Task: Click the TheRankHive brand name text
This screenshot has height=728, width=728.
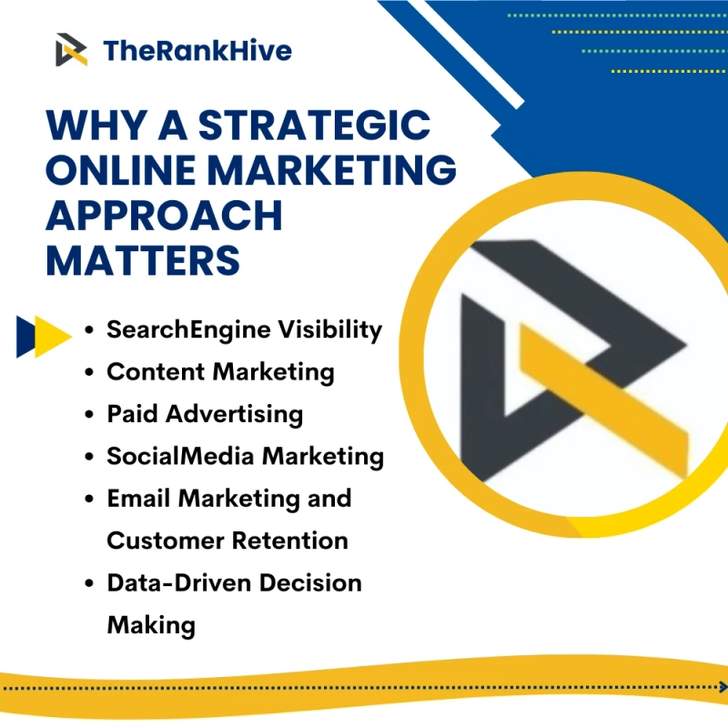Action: (x=197, y=50)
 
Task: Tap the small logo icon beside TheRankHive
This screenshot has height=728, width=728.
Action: (x=71, y=50)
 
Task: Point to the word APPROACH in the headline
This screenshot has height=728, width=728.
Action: (x=164, y=216)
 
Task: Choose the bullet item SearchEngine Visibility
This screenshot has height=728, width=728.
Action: (x=244, y=329)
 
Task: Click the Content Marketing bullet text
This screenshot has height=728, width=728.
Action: (x=220, y=371)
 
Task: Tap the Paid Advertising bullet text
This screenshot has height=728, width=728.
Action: (x=205, y=413)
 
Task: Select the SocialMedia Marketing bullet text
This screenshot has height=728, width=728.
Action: (x=245, y=455)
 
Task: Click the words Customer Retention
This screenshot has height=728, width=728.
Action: (x=227, y=541)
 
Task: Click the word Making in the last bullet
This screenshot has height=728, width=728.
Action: (x=151, y=625)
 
